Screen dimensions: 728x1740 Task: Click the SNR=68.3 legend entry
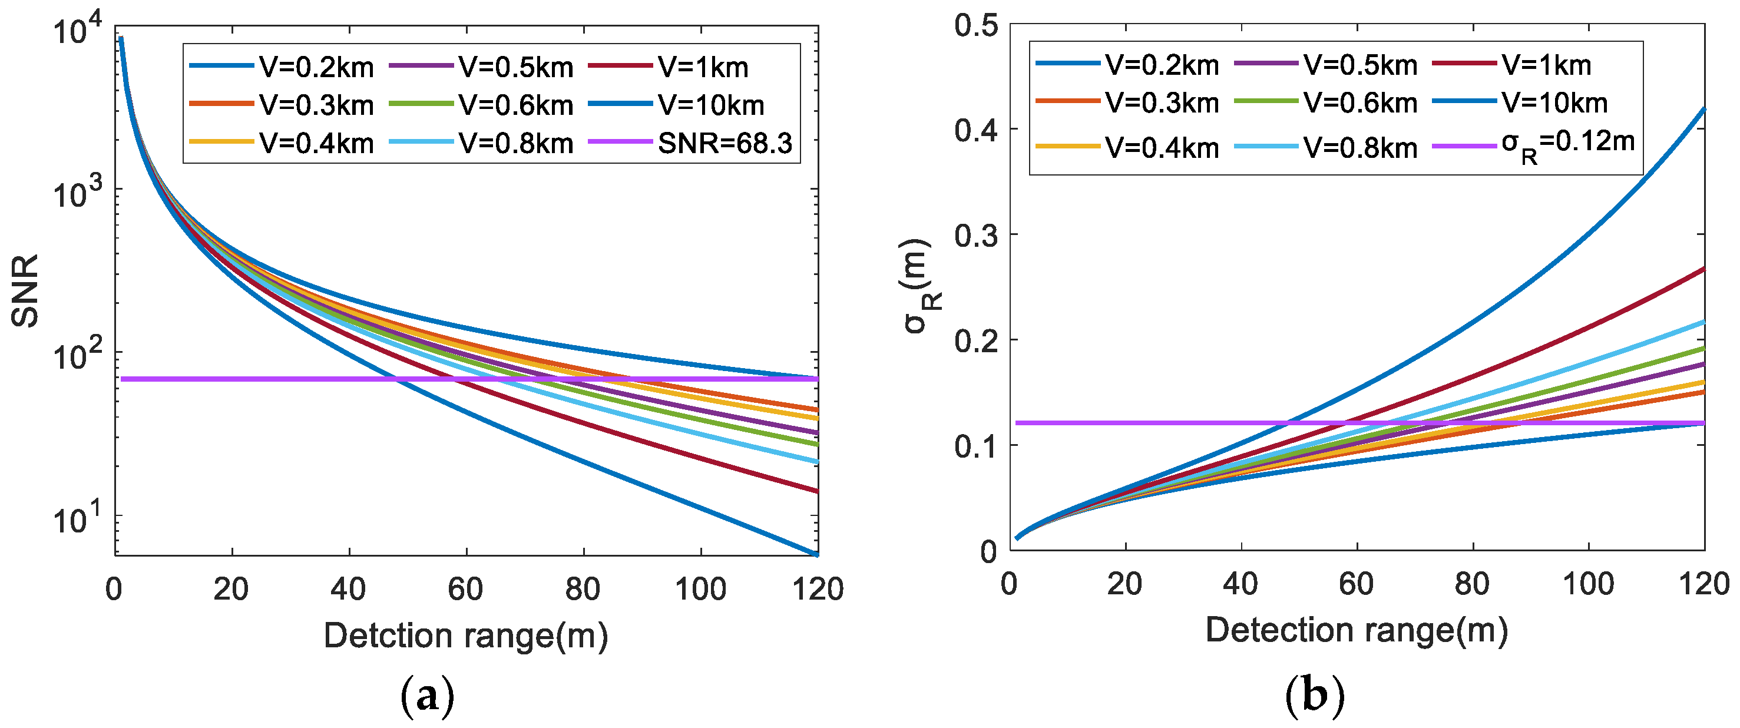[x=724, y=143]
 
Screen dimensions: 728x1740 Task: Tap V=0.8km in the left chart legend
[x=515, y=143]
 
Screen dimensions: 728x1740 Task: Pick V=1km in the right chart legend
[x=1546, y=65]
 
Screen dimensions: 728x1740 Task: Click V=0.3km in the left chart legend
[x=316, y=105]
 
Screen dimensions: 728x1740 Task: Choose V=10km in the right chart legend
[x=1554, y=103]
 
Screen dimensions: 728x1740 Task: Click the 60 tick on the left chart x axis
[x=465, y=590]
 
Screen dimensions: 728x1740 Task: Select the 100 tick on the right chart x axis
[x=1588, y=584]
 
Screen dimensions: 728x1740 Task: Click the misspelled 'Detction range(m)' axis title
[x=465, y=636]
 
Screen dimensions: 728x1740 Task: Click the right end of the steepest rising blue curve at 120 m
[x=1703, y=109]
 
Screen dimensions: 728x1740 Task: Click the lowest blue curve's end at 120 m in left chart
[x=816, y=554]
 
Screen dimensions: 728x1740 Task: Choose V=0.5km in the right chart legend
[x=1359, y=65]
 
